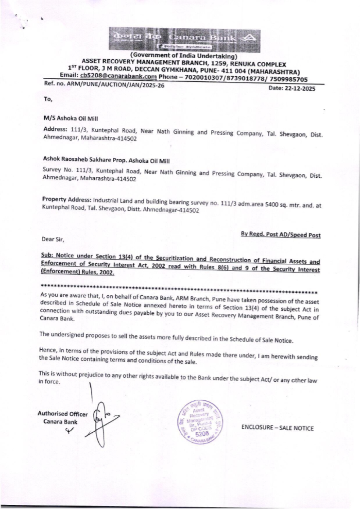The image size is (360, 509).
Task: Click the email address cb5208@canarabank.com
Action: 118,76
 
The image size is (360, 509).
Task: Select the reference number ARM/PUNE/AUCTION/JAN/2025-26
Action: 111,85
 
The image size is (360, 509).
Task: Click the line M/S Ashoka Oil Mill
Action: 71,118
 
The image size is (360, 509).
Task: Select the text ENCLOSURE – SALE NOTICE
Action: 277,428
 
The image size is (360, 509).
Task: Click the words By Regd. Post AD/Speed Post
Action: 280,235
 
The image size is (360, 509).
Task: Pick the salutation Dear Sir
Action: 53,239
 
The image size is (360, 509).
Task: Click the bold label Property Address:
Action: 67,200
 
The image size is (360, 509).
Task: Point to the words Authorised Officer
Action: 63,414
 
